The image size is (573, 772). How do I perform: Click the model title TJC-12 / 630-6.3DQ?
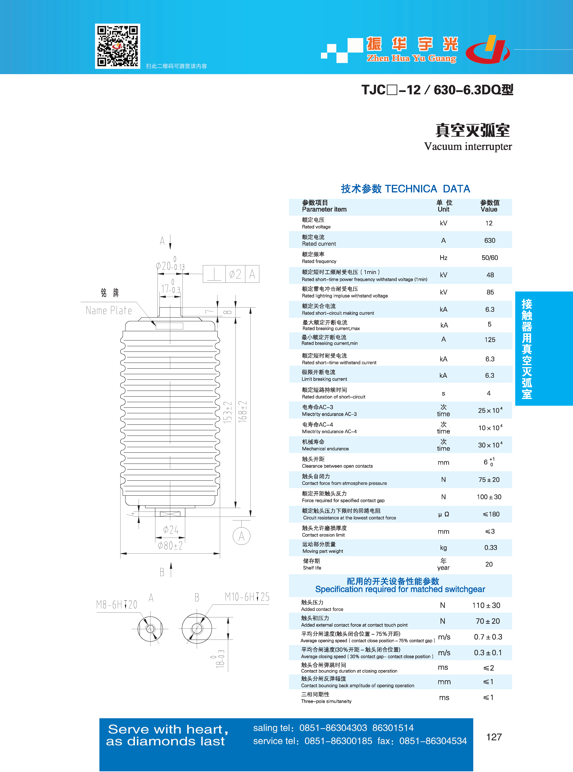[x=437, y=90]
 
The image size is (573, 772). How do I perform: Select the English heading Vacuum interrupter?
[x=468, y=146]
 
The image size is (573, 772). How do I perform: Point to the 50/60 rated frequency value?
[x=489, y=258]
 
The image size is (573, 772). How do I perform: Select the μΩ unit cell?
[x=443, y=514]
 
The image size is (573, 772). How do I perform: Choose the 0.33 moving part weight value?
[x=490, y=548]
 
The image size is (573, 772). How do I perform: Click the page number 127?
[x=494, y=737]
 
